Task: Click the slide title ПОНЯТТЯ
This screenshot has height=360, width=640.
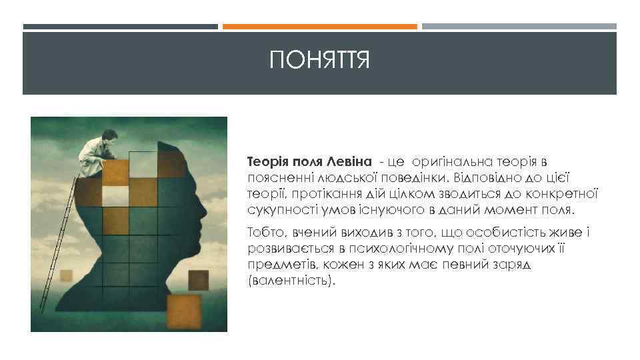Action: click(319, 62)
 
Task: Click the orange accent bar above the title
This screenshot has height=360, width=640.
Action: click(319, 27)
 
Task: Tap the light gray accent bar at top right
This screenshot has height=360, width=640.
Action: click(519, 27)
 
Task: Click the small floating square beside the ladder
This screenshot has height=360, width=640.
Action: click(67, 275)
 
